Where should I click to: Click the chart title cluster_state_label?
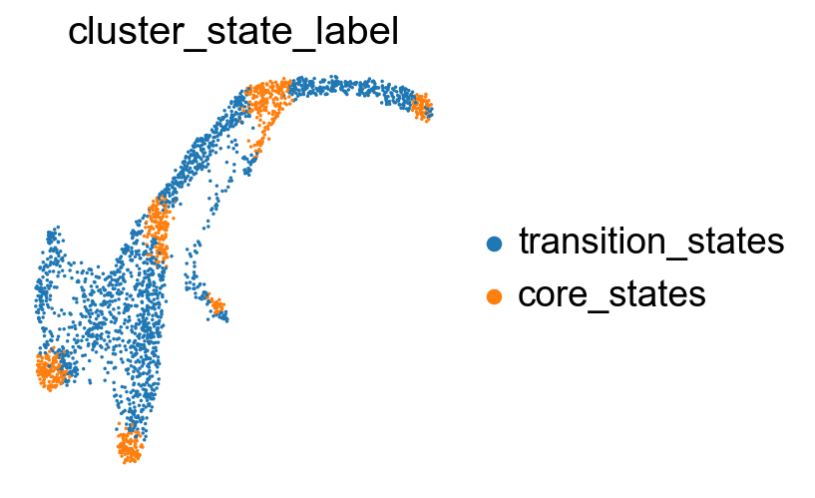click(x=233, y=32)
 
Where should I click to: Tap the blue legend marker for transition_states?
click(x=494, y=244)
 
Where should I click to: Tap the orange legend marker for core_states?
click(x=494, y=296)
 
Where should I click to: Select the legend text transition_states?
click(x=651, y=243)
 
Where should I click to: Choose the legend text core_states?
click(x=611, y=295)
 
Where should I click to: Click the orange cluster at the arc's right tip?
click(x=423, y=107)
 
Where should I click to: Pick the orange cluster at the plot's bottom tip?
click(x=129, y=447)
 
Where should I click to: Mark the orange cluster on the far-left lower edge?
click(x=51, y=370)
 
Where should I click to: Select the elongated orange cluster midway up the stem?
click(x=158, y=229)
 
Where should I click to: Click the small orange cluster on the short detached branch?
click(x=216, y=305)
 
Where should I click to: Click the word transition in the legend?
click(x=592, y=242)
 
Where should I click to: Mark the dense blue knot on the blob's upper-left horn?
click(x=52, y=237)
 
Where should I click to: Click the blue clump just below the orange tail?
click(x=248, y=167)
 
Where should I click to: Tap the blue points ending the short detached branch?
click(x=223, y=317)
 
